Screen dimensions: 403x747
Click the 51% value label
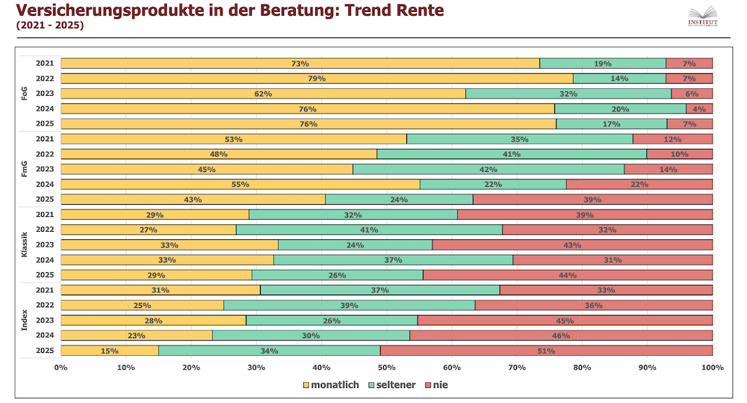[546, 351]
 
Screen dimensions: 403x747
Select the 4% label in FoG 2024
[699, 108]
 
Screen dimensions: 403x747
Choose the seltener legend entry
[392, 385]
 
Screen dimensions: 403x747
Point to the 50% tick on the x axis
[386, 367]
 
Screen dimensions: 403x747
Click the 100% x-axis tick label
[712, 367]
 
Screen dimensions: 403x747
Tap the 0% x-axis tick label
[61, 367]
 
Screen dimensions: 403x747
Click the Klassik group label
[25, 244]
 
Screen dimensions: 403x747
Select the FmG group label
[25, 169]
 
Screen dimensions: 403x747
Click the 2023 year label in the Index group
[45, 320]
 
